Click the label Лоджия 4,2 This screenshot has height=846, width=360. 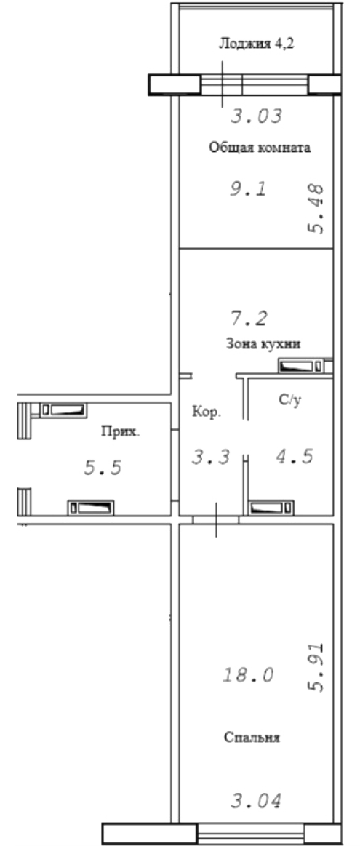(256, 44)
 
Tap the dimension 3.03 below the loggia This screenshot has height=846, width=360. (257, 116)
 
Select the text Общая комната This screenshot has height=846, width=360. (260, 148)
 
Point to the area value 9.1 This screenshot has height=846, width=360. (249, 189)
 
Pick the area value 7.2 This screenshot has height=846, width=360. (249, 319)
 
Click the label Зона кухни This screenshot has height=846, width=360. (263, 343)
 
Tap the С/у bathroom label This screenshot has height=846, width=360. (289, 401)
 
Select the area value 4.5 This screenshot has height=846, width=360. (295, 457)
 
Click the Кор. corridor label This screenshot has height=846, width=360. (206, 412)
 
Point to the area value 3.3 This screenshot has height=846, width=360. (211, 457)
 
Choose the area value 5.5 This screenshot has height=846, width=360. (103, 467)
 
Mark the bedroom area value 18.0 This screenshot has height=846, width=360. (249, 674)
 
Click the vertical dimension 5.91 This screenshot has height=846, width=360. (316, 667)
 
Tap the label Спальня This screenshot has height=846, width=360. (252, 737)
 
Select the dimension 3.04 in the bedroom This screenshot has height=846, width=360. (257, 801)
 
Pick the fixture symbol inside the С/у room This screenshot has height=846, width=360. (271, 508)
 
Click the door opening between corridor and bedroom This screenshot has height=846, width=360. (216, 519)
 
